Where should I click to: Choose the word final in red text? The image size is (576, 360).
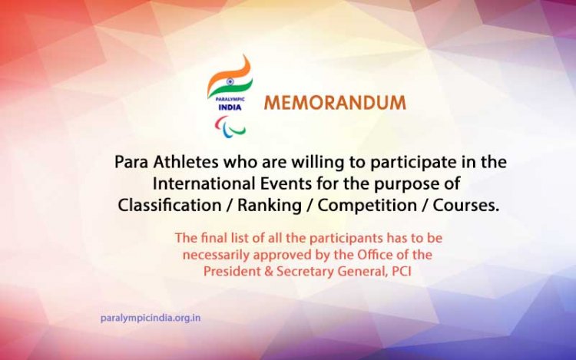coord(209,238)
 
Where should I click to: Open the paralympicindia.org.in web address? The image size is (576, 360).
coord(151,317)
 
